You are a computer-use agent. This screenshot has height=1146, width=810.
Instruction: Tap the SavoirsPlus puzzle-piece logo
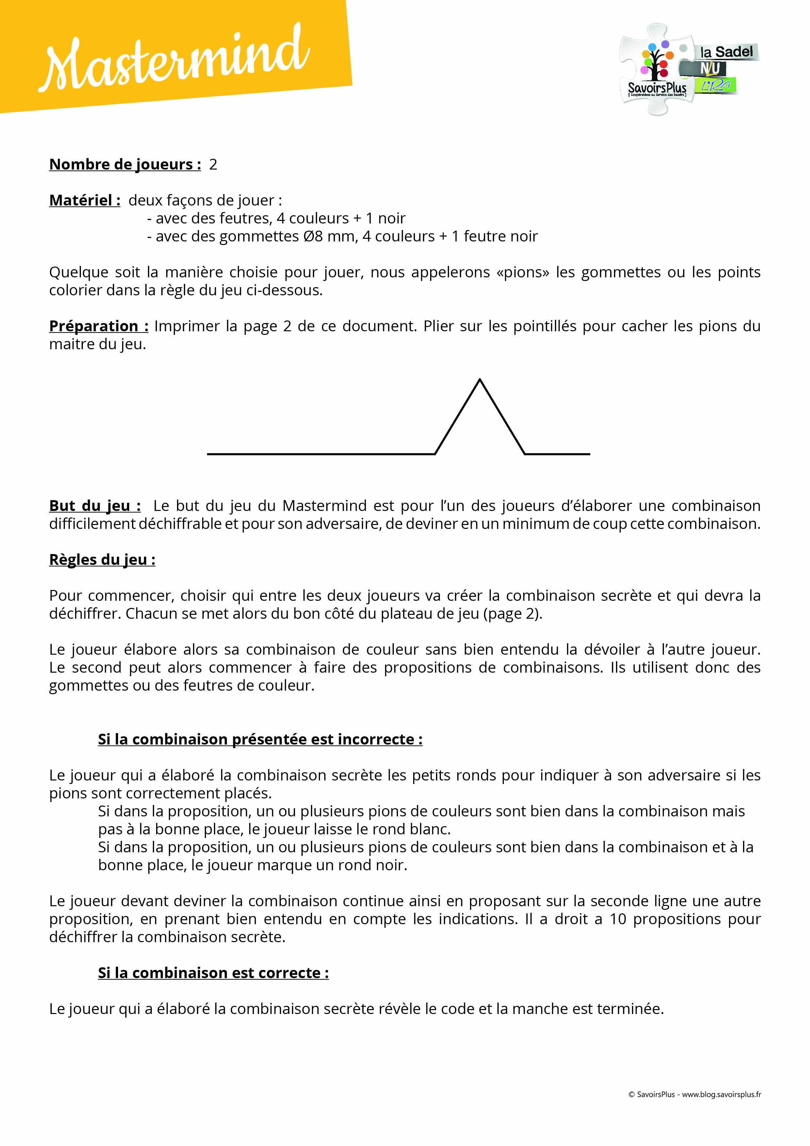[656, 70]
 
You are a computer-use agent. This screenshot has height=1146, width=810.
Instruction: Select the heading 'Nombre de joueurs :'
[125, 164]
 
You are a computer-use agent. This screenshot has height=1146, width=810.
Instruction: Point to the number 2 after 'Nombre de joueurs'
[213, 164]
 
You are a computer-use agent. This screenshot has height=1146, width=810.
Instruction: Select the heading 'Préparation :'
[98, 326]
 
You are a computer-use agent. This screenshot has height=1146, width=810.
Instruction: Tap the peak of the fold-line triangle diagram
[479, 380]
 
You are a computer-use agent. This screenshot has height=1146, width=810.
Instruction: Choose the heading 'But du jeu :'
[94, 506]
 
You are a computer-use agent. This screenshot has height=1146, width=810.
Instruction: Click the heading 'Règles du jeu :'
[102, 560]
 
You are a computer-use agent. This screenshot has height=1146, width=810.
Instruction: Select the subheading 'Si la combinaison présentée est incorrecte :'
[260, 739]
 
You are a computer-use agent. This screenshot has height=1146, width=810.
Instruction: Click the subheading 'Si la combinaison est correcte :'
[213, 973]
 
